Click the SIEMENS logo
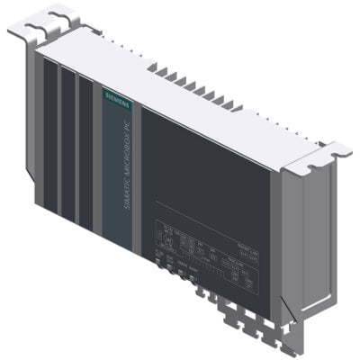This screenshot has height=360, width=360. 115,97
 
